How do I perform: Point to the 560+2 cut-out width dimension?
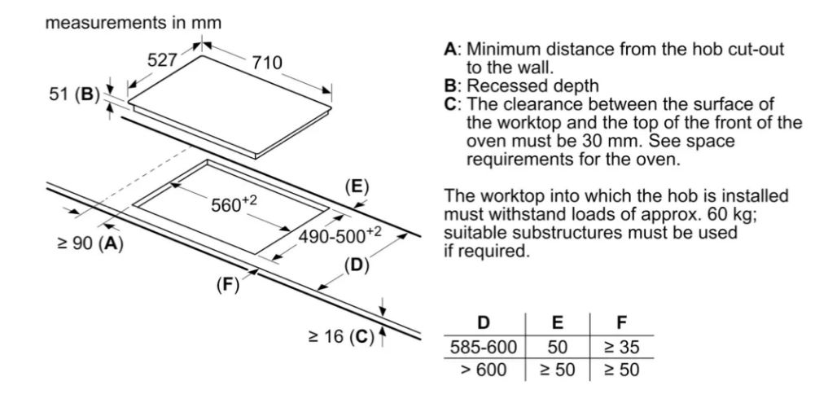click(x=233, y=203)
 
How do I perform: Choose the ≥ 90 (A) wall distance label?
click(x=90, y=243)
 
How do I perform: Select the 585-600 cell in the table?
click(x=483, y=348)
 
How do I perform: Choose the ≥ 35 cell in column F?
click(x=621, y=348)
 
